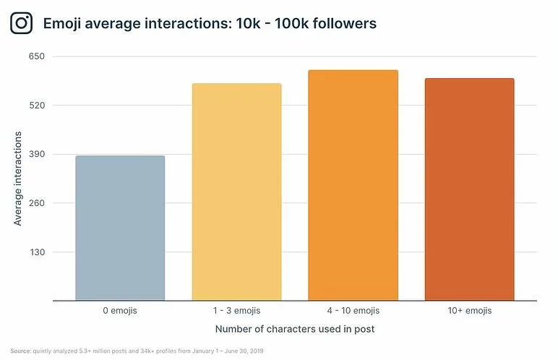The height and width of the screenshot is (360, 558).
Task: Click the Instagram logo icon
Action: [x=22, y=23]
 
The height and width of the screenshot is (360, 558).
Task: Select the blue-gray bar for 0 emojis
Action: [x=120, y=228]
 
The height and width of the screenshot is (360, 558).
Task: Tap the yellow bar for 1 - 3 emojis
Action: [x=236, y=192]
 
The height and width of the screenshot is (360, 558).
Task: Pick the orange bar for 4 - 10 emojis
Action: [x=353, y=185]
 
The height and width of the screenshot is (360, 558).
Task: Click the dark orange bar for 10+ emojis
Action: [x=469, y=189]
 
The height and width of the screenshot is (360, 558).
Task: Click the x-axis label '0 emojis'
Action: [x=120, y=311]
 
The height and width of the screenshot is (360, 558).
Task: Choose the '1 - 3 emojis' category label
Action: [x=236, y=311]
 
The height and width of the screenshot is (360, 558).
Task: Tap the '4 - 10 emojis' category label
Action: [x=353, y=311]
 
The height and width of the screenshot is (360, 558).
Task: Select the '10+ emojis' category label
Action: [x=469, y=311]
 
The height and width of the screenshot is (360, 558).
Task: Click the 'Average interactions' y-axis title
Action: [x=18, y=179]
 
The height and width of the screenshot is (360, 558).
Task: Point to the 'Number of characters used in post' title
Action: [x=295, y=330]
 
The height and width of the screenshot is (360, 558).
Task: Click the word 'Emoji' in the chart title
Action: [x=63, y=24]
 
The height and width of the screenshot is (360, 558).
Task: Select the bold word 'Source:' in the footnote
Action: [x=21, y=351]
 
